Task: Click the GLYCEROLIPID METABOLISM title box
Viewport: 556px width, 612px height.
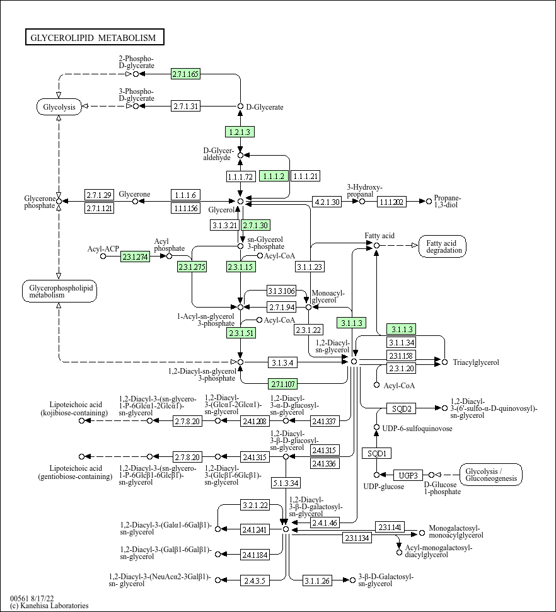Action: (x=95, y=37)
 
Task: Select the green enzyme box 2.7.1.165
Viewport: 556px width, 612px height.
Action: (x=185, y=74)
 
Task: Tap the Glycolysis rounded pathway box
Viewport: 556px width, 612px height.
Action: (x=59, y=107)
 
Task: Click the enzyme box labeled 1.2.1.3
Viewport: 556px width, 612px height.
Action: (x=240, y=132)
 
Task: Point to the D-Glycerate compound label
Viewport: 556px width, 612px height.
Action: (x=265, y=107)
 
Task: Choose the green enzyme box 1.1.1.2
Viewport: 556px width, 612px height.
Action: (x=274, y=176)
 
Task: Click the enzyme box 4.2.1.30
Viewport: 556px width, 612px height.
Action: (x=327, y=202)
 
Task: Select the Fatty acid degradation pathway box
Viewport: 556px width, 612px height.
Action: (x=443, y=246)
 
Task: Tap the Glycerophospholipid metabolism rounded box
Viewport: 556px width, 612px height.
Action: (x=59, y=291)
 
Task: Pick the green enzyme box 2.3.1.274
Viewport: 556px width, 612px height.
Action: (x=135, y=257)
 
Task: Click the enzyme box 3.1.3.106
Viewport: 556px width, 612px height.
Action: (x=282, y=291)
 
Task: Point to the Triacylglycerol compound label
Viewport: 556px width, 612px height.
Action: (x=476, y=362)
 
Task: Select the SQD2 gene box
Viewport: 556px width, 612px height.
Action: (x=402, y=408)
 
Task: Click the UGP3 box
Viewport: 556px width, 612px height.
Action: (x=408, y=475)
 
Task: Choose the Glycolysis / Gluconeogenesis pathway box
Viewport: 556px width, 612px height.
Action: (x=491, y=475)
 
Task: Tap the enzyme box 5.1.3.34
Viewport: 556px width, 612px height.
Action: (x=286, y=483)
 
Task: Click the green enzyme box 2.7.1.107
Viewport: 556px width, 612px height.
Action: (x=282, y=384)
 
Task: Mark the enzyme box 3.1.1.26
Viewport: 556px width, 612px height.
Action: (x=317, y=580)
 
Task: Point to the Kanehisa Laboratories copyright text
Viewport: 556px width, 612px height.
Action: (x=49, y=605)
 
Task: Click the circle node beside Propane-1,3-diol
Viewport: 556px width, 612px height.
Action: (x=429, y=202)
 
